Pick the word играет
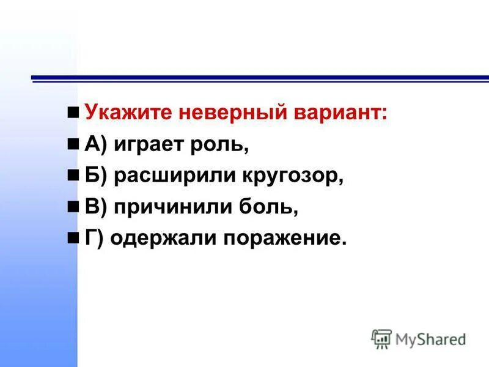point(145,145)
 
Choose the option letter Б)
point(96,176)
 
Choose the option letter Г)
point(94,239)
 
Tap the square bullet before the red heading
point(73,113)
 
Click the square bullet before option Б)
point(73,176)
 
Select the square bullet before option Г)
point(73,239)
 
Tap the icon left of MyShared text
point(381,338)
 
